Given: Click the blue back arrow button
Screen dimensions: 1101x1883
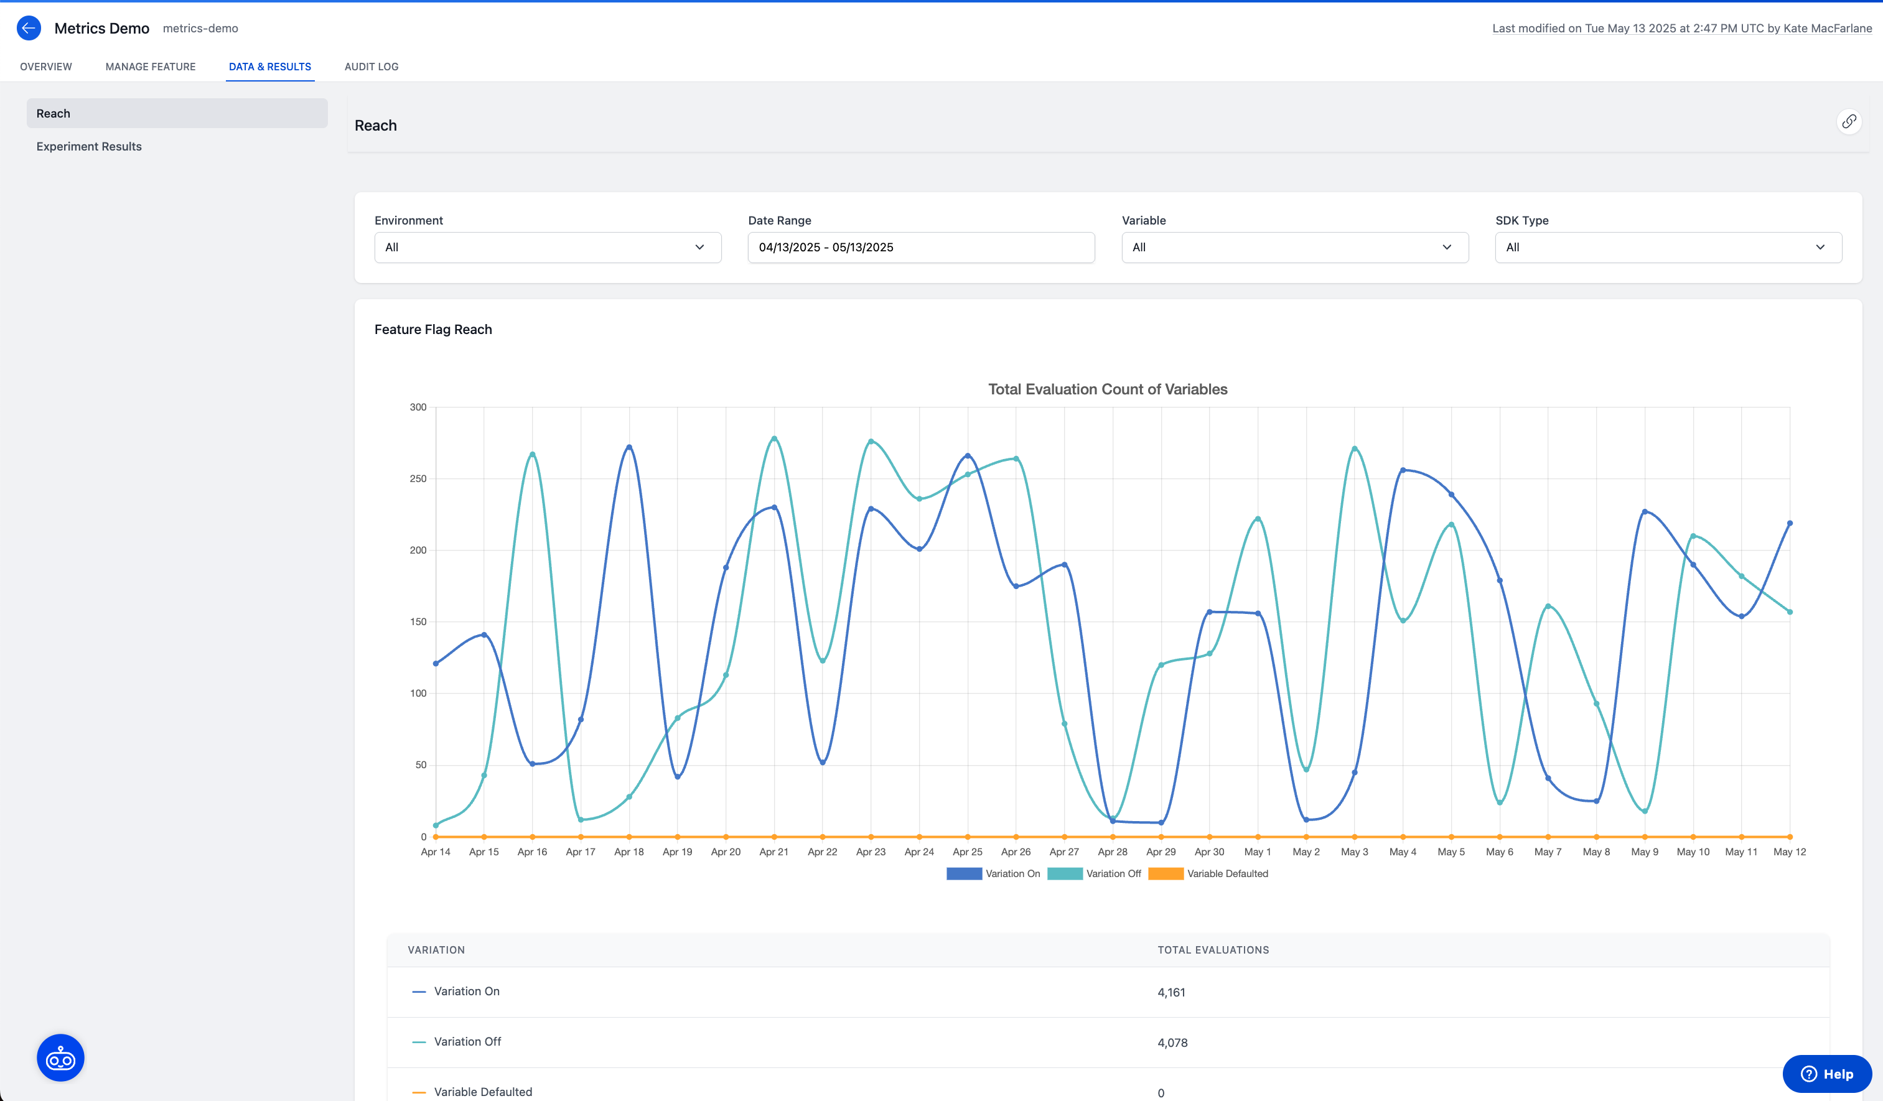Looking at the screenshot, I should click(x=29, y=29).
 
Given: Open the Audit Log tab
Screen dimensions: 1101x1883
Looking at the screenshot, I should click(x=371, y=67).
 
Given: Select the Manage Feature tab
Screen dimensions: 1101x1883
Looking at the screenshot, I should click(x=150, y=67).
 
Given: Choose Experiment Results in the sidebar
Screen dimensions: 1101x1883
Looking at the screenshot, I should click(x=89, y=146).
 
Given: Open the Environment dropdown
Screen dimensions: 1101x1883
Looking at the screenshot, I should click(x=547, y=247).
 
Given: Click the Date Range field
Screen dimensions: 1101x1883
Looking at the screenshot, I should click(x=920, y=247).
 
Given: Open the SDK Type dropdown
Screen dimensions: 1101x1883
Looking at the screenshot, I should click(x=1668, y=247).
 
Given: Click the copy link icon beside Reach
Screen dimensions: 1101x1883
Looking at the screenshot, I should click(x=1849, y=121).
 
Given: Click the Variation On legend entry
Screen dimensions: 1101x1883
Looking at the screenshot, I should click(x=993, y=874).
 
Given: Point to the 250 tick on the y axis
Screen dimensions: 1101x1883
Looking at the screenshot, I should click(x=418, y=479).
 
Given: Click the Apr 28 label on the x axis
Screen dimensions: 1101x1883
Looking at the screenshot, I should click(x=1113, y=852).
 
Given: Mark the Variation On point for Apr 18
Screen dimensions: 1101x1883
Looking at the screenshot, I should click(x=629, y=447).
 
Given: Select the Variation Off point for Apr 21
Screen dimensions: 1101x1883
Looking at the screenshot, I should click(x=774, y=439).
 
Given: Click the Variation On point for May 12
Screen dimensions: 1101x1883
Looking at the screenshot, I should click(x=1790, y=524).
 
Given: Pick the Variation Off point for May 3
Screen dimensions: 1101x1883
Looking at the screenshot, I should click(x=1355, y=449).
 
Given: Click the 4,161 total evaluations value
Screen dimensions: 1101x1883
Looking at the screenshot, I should click(x=1171, y=993).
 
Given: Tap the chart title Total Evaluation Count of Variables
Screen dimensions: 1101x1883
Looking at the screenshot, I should click(x=1108, y=389).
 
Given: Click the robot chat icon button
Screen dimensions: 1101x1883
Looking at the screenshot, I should click(x=60, y=1057).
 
